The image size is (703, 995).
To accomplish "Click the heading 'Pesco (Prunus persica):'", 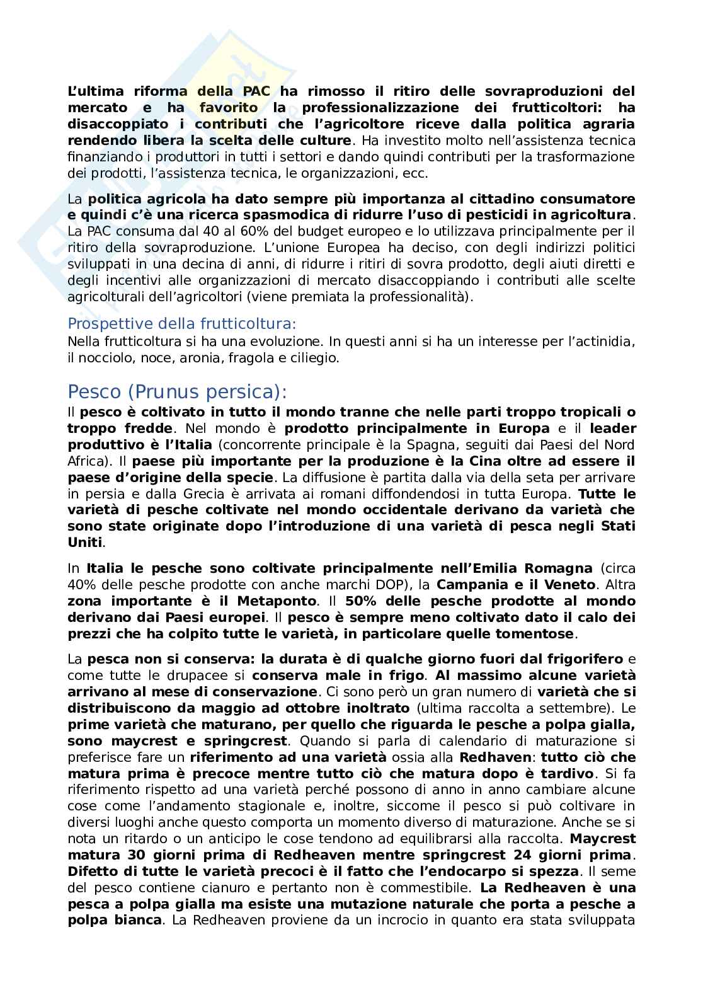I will pos(177,391).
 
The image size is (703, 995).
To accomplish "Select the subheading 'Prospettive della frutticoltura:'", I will pos(181,324).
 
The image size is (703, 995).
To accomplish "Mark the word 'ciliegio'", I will pos(316,358).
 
